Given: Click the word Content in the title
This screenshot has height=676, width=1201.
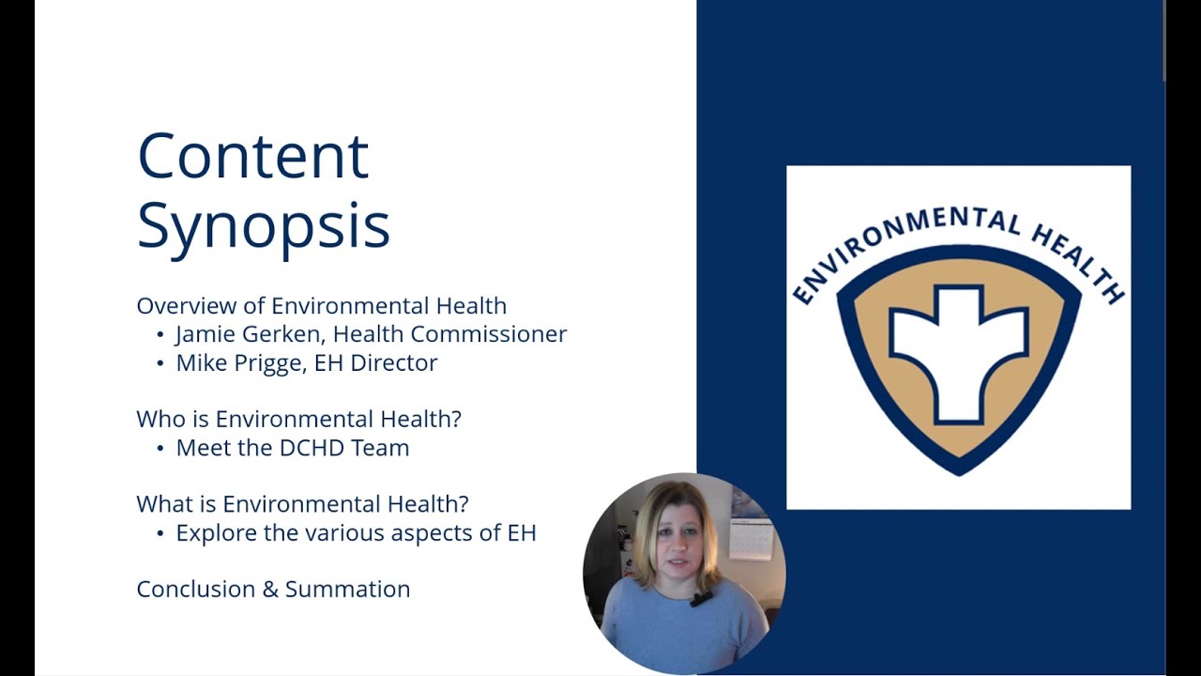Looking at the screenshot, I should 252,156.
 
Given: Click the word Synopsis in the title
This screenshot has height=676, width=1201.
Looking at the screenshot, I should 263,226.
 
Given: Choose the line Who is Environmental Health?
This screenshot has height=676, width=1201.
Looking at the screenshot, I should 298,419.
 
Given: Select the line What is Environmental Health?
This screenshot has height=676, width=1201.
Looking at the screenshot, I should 302,504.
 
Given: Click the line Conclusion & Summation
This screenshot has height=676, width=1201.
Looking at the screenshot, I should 273,590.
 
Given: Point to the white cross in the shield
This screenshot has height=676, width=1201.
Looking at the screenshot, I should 958,351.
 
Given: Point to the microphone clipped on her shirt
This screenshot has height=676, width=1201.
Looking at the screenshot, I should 700,598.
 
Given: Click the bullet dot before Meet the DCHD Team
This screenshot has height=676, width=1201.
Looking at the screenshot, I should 160,449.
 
